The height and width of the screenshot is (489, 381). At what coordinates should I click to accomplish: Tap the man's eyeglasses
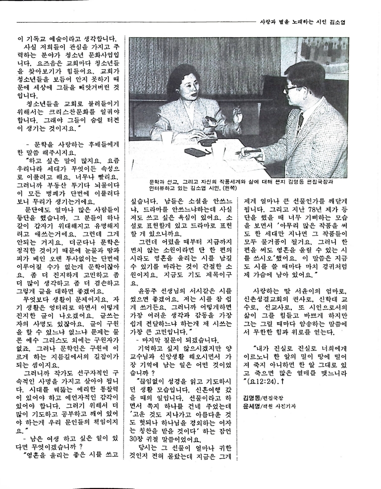click(x=294, y=90)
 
